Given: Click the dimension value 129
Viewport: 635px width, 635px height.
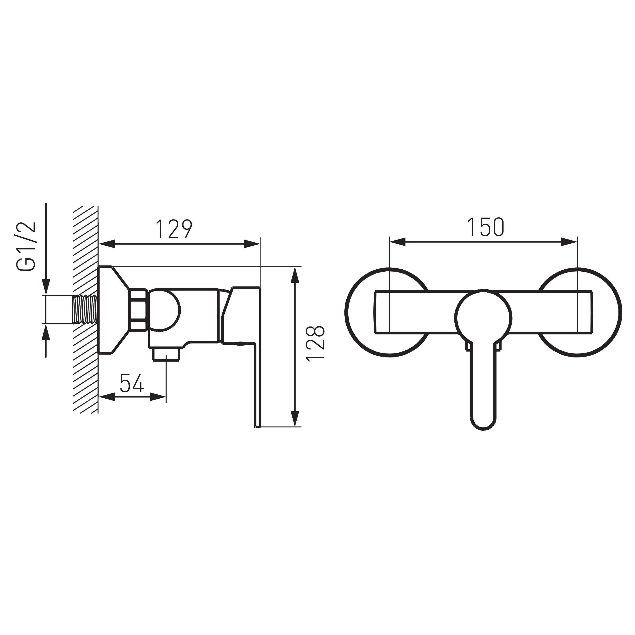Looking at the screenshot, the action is pyautogui.click(x=174, y=229).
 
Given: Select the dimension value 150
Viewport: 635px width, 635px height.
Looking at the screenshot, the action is pyautogui.click(x=485, y=227).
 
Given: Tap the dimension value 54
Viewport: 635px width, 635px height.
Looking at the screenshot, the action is pyautogui.click(x=132, y=383).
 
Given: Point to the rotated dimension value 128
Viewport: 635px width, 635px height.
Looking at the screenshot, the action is pyautogui.click(x=316, y=344).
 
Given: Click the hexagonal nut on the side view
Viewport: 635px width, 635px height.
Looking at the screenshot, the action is pyautogui.click(x=138, y=309).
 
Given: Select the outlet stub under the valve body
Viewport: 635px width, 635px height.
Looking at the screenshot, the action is pyautogui.click(x=166, y=354).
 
